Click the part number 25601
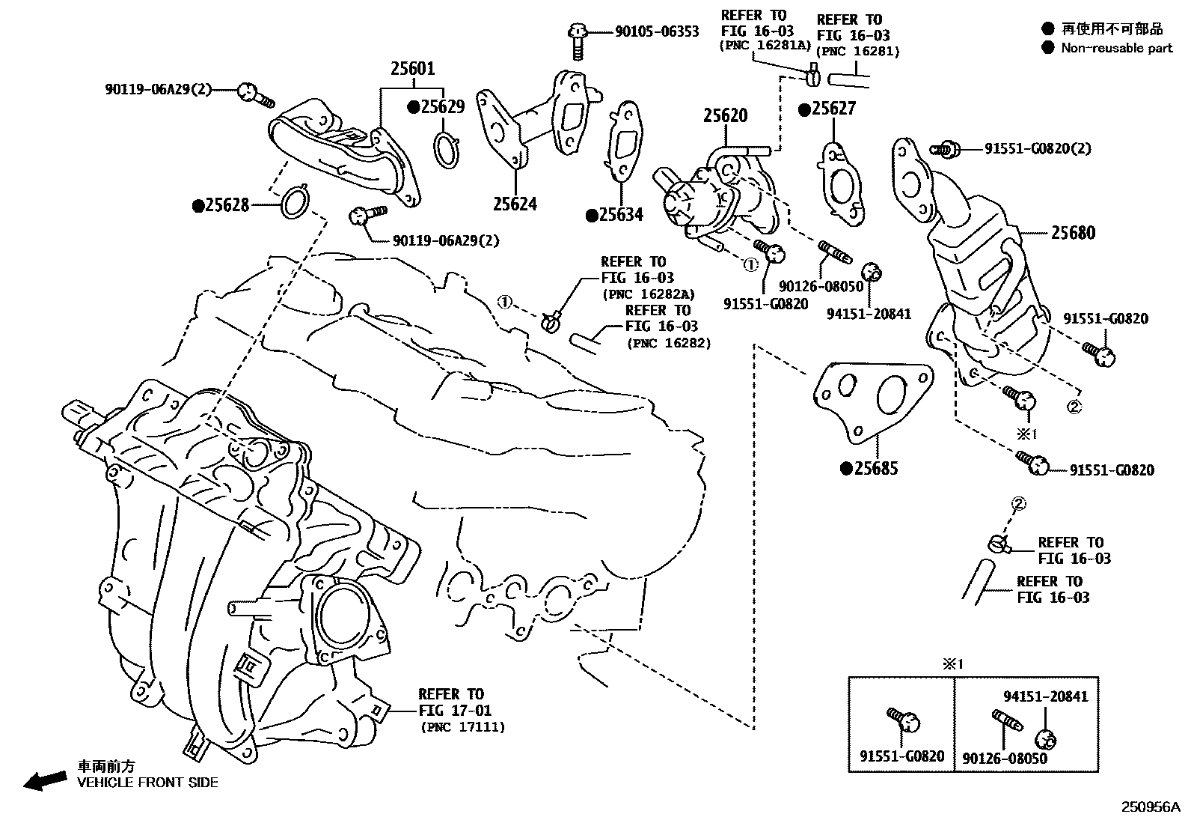coord(412,69)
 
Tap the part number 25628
coord(227,205)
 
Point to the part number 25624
coord(515,204)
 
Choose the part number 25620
coord(725,116)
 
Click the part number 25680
coord(1073,233)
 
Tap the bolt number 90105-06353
coord(657,31)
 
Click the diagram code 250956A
coord(1149,808)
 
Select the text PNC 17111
coord(463,726)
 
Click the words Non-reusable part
coord(1117,48)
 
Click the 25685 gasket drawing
coord(872,396)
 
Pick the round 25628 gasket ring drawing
coord(295,202)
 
